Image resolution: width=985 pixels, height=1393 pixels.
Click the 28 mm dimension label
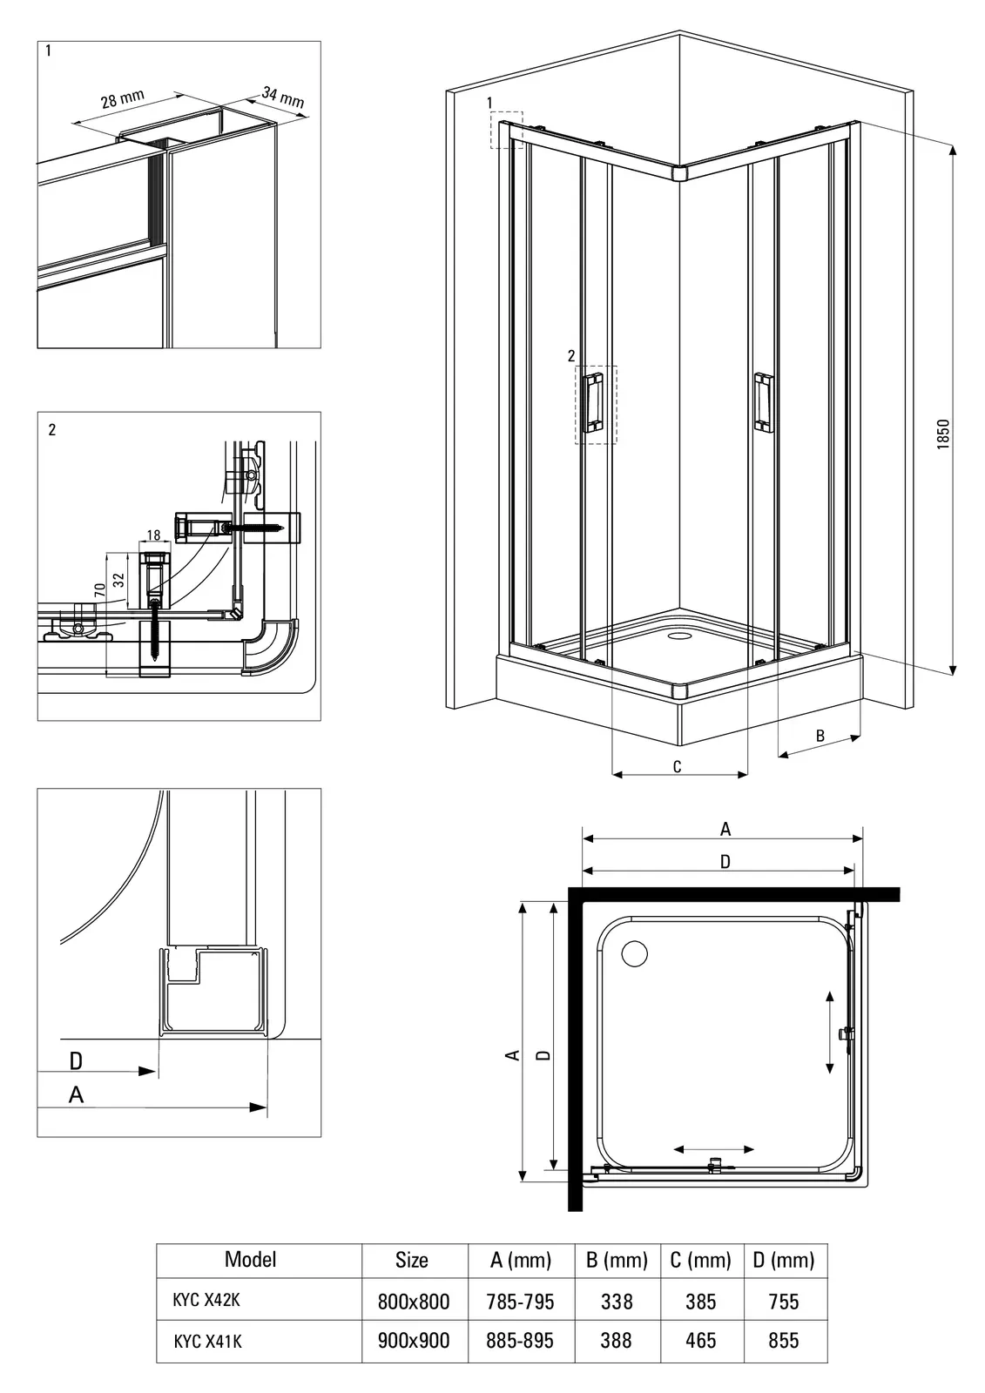pyautogui.click(x=122, y=99)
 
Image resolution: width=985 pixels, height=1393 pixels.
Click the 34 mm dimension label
pyautogui.click(x=283, y=98)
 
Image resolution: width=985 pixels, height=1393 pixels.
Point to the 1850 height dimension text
pyautogui.click(x=943, y=434)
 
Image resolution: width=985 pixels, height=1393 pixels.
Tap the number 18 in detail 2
pyautogui.click(x=154, y=535)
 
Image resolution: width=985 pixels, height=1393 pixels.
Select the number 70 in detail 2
pyautogui.click(x=100, y=590)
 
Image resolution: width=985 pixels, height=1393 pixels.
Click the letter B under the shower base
pyautogui.click(x=820, y=736)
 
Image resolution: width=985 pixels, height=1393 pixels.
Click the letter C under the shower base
pyautogui.click(x=677, y=766)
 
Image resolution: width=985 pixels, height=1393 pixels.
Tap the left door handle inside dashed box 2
pyautogui.click(x=596, y=402)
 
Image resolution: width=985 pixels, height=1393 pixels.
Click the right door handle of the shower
pyautogui.click(x=763, y=401)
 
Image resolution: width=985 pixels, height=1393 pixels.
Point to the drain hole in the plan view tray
pyautogui.click(x=634, y=953)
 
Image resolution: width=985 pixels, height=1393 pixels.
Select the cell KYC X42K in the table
pyautogui.click(x=206, y=1300)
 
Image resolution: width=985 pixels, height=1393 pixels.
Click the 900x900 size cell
pyautogui.click(x=414, y=1341)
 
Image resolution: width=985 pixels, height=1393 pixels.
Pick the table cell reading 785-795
pyautogui.click(x=520, y=1302)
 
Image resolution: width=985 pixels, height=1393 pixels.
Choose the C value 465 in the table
pyautogui.click(x=700, y=1341)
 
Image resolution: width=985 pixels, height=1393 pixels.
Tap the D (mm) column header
pyautogui.click(x=784, y=1260)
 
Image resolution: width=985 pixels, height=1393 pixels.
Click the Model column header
pyautogui.click(x=250, y=1259)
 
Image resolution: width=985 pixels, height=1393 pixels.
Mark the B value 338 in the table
pyautogui.click(x=617, y=1302)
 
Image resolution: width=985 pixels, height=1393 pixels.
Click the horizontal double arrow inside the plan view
pyautogui.click(x=714, y=1149)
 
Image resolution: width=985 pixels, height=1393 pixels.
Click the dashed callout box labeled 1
pyautogui.click(x=506, y=130)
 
